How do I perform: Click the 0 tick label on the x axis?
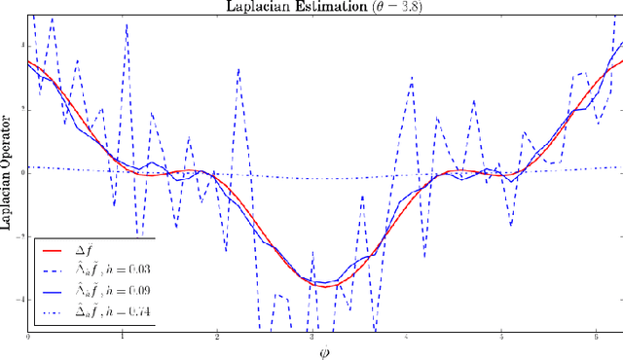(x=28, y=337)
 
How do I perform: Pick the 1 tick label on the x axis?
(x=123, y=337)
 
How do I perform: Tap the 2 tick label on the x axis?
(x=217, y=337)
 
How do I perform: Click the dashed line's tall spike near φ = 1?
(x=127, y=25)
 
